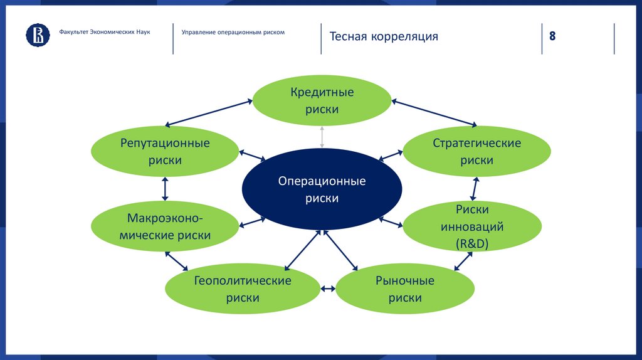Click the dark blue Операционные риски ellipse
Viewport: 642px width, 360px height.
click(x=322, y=189)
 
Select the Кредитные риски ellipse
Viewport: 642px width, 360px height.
click(x=322, y=100)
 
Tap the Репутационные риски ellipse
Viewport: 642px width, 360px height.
click(x=165, y=151)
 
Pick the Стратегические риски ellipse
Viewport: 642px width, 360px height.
click(x=476, y=151)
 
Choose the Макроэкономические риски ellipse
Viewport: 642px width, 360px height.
click(x=165, y=227)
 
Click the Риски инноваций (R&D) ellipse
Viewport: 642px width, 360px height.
click(x=472, y=226)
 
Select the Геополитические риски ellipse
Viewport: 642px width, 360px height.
click(x=242, y=289)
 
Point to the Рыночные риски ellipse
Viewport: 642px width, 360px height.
click(x=404, y=289)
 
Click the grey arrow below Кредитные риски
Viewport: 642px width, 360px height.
click(x=322, y=137)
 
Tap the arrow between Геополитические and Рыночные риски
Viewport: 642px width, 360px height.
click(x=327, y=289)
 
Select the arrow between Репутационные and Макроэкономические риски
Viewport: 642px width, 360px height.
click(x=165, y=189)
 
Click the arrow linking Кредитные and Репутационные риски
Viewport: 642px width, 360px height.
click(x=210, y=113)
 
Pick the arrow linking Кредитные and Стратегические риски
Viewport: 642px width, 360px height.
click(x=434, y=112)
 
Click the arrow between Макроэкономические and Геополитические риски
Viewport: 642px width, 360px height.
click(x=177, y=260)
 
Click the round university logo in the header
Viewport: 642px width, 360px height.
click(x=38, y=36)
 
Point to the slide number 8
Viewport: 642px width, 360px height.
click(x=552, y=36)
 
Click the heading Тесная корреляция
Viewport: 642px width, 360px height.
click(x=384, y=36)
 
